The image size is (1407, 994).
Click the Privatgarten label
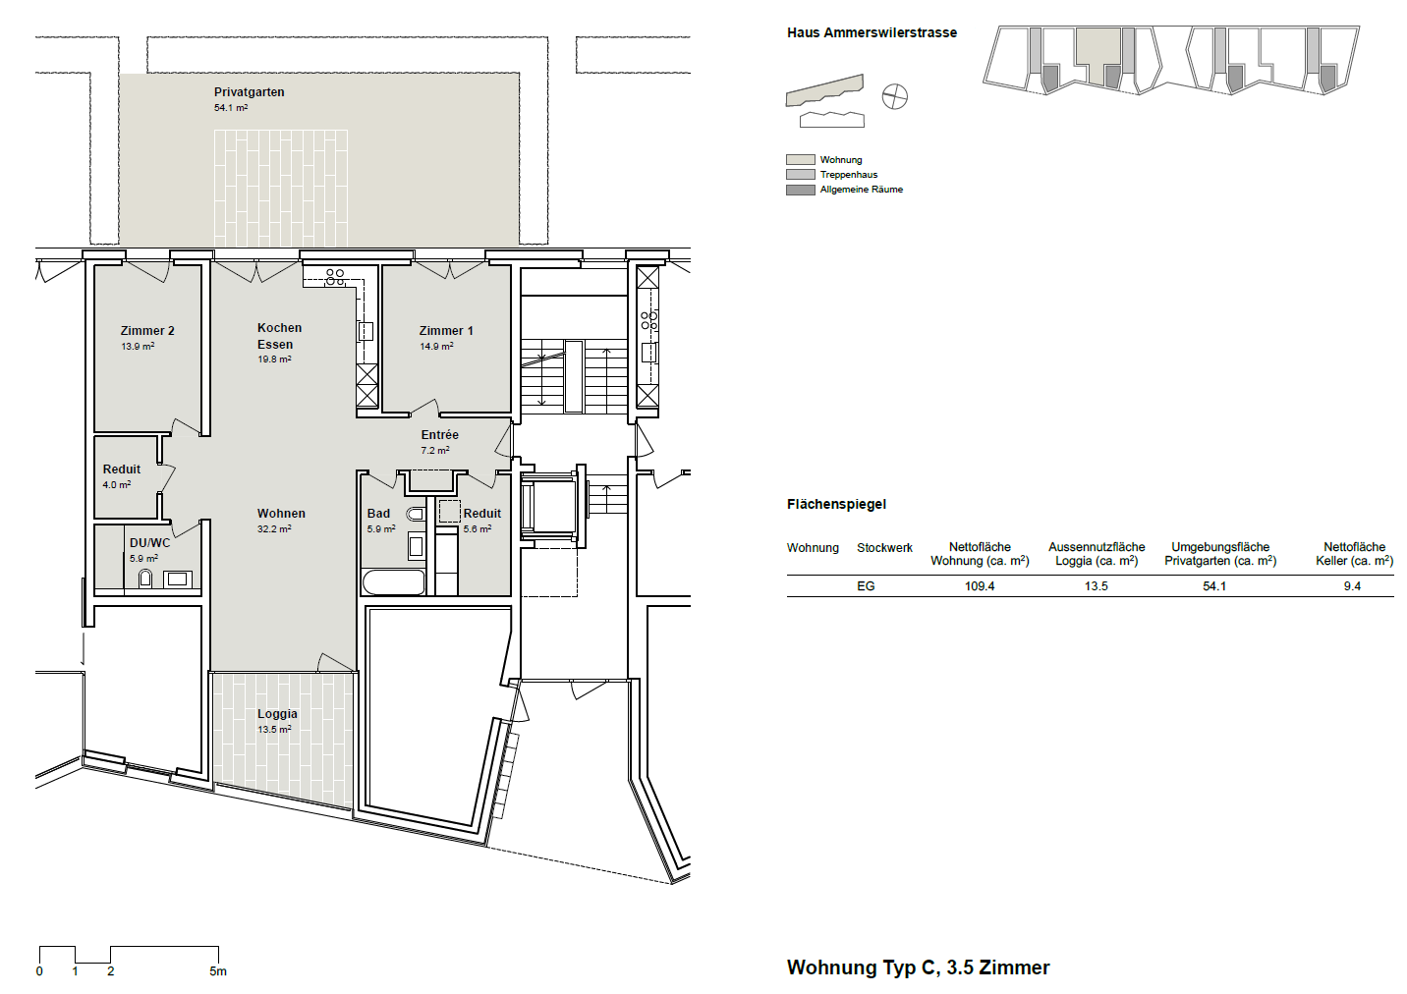pyautogui.click(x=249, y=92)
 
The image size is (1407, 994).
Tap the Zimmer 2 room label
pyautogui.click(x=147, y=331)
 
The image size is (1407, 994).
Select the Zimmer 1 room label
pyautogui.click(x=446, y=331)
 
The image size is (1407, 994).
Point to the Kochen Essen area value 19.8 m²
pyautogui.click(x=274, y=359)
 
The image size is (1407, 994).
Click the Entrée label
pyautogui.click(x=440, y=434)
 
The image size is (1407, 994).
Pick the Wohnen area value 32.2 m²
pyautogui.click(x=274, y=528)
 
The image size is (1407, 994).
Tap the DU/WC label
pyautogui.click(x=149, y=543)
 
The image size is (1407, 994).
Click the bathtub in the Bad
pyautogui.click(x=394, y=582)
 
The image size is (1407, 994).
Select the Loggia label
pyautogui.click(x=277, y=714)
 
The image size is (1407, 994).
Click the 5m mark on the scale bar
pyautogui.click(x=218, y=971)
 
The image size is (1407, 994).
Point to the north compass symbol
pyautogui.click(x=894, y=96)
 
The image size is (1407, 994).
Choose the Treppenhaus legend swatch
pyautogui.click(x=800, y=175)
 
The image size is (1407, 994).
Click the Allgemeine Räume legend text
pyautogui.click(x=861, y=189)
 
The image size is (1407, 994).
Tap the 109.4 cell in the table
pyautogui.click(x=980, y=585)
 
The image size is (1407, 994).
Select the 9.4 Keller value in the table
pyautogui.click(x=1352, y=585)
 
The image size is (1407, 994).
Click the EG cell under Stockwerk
pyautogui.click(x=866, y=585)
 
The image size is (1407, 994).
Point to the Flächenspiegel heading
pyautogui.click(x=836, y=504)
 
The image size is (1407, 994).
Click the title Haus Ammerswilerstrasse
pyautogui.click(x=872, y=32)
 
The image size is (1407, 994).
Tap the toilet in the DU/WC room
pyautogui.click(x=145, y=579)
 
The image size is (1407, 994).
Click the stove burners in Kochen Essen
pyautogui.click(x=335, y=277)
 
